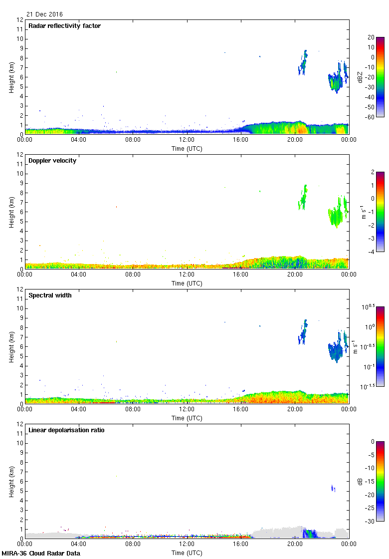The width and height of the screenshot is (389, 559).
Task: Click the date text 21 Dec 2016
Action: (45, 14)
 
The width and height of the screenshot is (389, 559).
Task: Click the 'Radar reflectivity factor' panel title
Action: (64, 26)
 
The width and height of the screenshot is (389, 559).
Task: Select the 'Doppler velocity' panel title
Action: (52, 161)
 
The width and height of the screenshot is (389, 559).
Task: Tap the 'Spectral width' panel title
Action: (50, 295)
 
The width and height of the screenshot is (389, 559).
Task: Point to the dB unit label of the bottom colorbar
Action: (360, 482)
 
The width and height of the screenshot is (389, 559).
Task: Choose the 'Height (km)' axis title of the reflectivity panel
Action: (11, 77)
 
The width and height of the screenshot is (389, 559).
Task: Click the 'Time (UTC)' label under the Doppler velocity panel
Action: (187, 283)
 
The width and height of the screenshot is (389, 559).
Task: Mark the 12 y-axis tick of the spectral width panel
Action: (20, 289)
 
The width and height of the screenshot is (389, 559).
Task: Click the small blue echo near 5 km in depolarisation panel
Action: (333, 488)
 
